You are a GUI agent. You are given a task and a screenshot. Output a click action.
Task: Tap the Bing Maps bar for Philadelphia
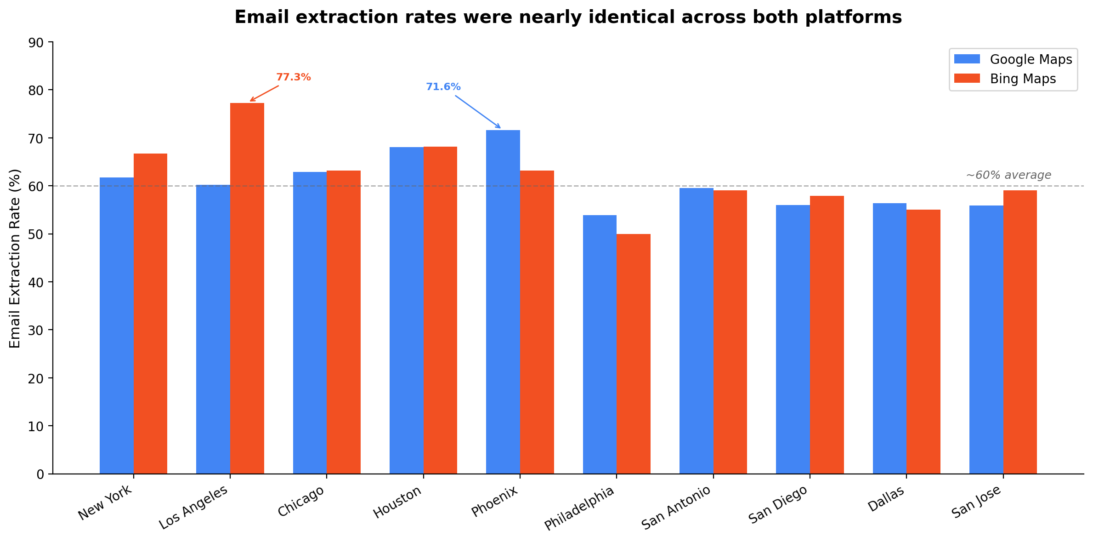(x=634, y=354)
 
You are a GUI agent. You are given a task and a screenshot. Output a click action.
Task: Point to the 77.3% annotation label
(x=293, y=77)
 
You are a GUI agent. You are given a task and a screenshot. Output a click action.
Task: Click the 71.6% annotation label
(x=443, y=87)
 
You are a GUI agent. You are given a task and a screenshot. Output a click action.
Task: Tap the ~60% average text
(x=1008, y=175)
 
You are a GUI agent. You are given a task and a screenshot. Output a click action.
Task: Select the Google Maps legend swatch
(x=967, y=59)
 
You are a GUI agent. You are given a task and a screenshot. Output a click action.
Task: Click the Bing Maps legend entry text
(x=1023, y=79)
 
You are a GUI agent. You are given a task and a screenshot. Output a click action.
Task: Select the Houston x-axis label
(x=397, y=502)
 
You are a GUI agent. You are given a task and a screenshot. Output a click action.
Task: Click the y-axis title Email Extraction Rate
(x=15, y=258)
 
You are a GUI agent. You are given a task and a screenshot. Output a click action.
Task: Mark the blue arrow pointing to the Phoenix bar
(x=478, y=112)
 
